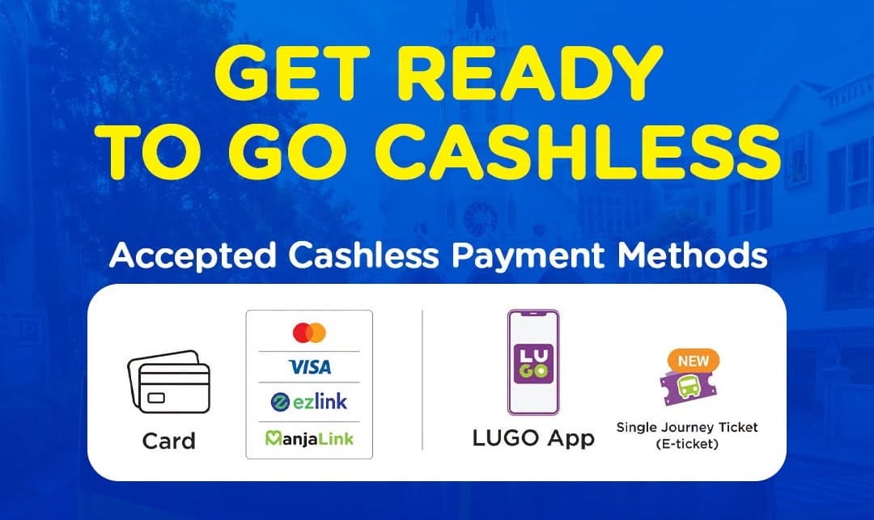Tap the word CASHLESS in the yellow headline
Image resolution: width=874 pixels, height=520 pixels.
pyautogui.click(x=578, y=151)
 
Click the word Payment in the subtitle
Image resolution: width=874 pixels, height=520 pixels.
pyautogui.click(x=528, y=256)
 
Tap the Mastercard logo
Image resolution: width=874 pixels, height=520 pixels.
pyautogui.click(x=309, y=332)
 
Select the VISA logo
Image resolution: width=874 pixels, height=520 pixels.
pyautogui.click(x=310, y=367)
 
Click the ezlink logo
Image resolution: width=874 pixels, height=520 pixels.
pyautogui.click(x=309, y=401)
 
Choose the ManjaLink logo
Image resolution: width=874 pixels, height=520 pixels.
pyautogui.click(x=309, y=438)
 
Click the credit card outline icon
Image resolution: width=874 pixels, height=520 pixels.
pyautogui.click(x=169, y=382)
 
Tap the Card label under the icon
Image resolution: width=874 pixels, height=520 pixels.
pyautogui.click(x=169, y=441)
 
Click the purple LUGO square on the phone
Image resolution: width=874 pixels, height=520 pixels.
pyautogui.click(x=533, y=364)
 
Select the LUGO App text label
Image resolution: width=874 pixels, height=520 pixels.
pyautogui.click(x=533, y=438)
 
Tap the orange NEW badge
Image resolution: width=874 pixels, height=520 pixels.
pyautogui.click(x=693, y=361)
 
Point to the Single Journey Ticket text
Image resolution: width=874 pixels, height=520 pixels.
pyautogui.click(x=687, y=428)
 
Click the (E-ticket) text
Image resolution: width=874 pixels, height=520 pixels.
pyautogui.click(x=687, y=444)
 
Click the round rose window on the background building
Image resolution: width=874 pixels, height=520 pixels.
pyautogui.click(x=481, y=218)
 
